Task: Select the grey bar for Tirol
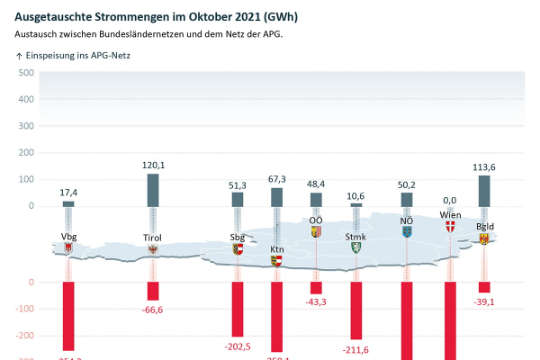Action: [x=153, y=190]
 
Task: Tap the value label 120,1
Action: [x=153, y=165]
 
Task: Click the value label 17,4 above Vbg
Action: [x=68, y=191]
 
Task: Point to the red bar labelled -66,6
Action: [x=153, y=290]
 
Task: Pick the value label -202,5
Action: [x=238, y=346]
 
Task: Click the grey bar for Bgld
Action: [x=485, y=190]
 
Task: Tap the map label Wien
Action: [x=449, y=215]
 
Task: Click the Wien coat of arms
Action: [x=449, y=228]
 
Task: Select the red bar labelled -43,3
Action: [x=316, y=287]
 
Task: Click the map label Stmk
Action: [x=355, y=236]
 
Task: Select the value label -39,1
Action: [x=485, y=301]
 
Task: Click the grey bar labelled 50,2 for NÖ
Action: [x=407, y=200]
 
